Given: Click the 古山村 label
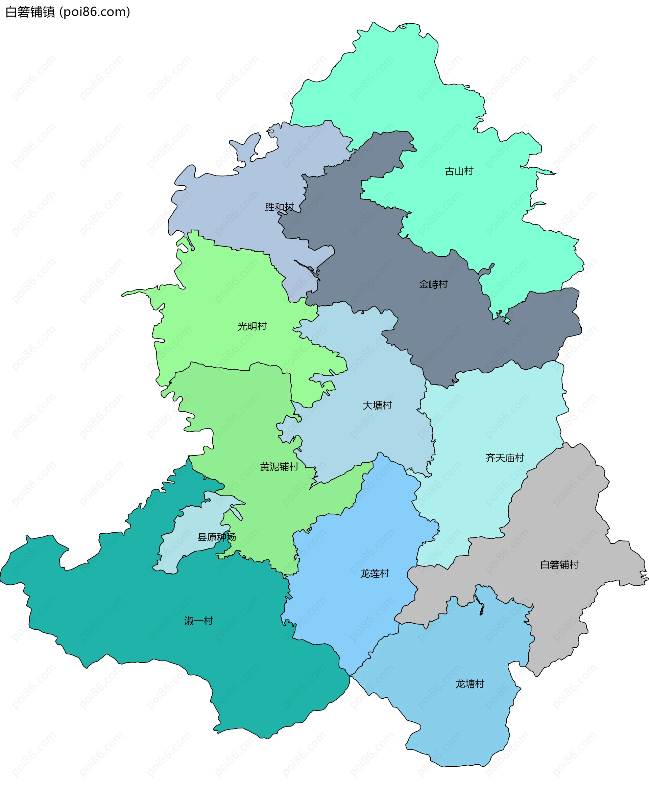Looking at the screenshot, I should (x=459, y=171).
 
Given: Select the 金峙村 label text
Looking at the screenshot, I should (x=433, y=284).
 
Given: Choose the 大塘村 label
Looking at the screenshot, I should (x=377, y=405).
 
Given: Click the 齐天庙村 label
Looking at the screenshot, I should (x=505, y=458).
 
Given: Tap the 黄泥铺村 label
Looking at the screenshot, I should (x=279, y=467).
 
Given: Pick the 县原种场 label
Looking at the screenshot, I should (x=216, y=537).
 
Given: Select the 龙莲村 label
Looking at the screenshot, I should (x=375, y=574).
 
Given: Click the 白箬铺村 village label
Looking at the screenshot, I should (x=559, y=565).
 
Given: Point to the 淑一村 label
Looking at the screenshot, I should (x=198, y=621).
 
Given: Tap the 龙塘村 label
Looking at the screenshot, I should (x=470, y=684).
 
